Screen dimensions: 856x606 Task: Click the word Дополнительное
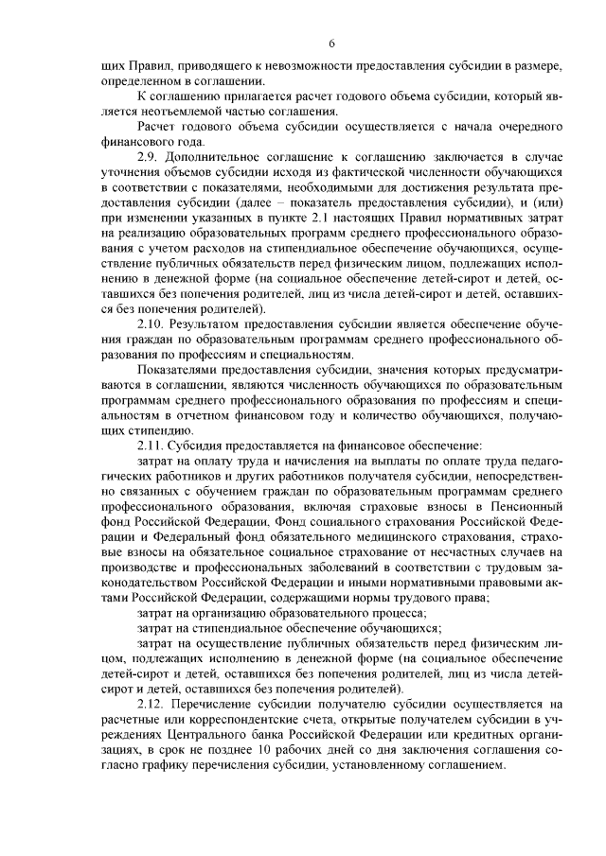click(x=222, y=156)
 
